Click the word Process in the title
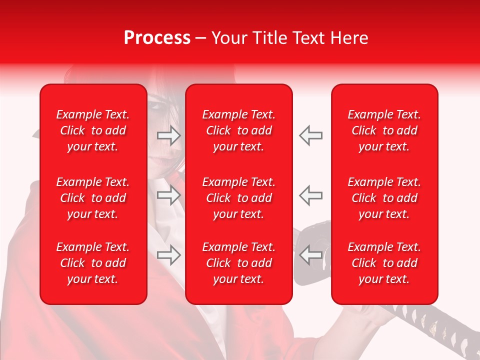coord(157,38)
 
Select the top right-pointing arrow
coord(169,135)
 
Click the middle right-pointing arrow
coord(169,195)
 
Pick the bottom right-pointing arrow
coord(169,255)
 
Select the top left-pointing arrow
coord(310,135)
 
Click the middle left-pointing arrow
coord(310,195)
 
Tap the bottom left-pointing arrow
coord(310,255)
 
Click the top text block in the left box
coord(93,130)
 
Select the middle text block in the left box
coord(93,198)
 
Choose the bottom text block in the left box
coord(93,263)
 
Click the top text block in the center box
coord(239,130)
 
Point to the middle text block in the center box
coord(239,198)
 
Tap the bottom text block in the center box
coord(239,263)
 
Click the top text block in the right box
coord(384,130)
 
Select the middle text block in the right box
coord(384,198)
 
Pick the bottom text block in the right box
coord(384,263)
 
